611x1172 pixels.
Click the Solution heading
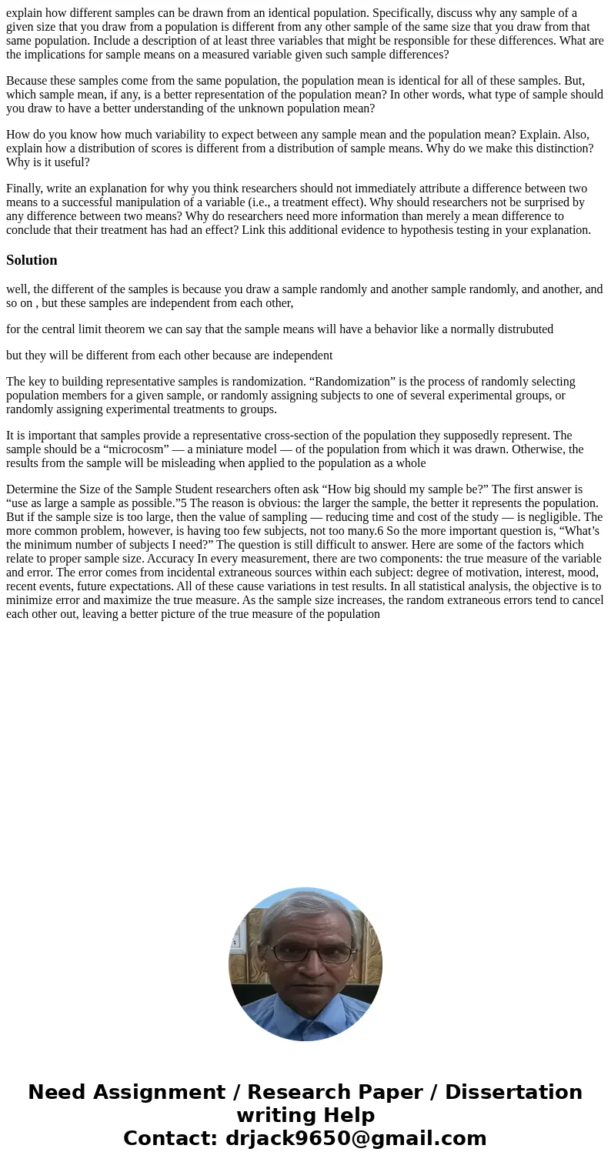(x=32, y=260)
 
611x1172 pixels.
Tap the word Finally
(x=26, y=189)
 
